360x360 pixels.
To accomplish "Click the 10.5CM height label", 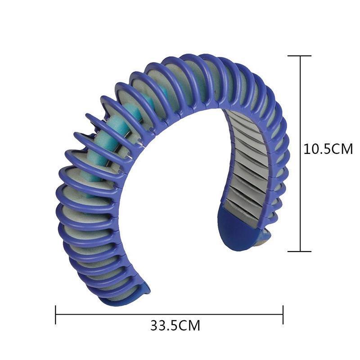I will pos(328,149).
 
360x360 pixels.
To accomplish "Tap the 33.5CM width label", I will pos(175,325).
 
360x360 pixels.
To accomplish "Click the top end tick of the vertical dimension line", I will pos(300,56).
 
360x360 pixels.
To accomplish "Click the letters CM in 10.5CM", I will pos(343,149).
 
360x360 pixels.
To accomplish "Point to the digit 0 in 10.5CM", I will pos(315,149).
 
